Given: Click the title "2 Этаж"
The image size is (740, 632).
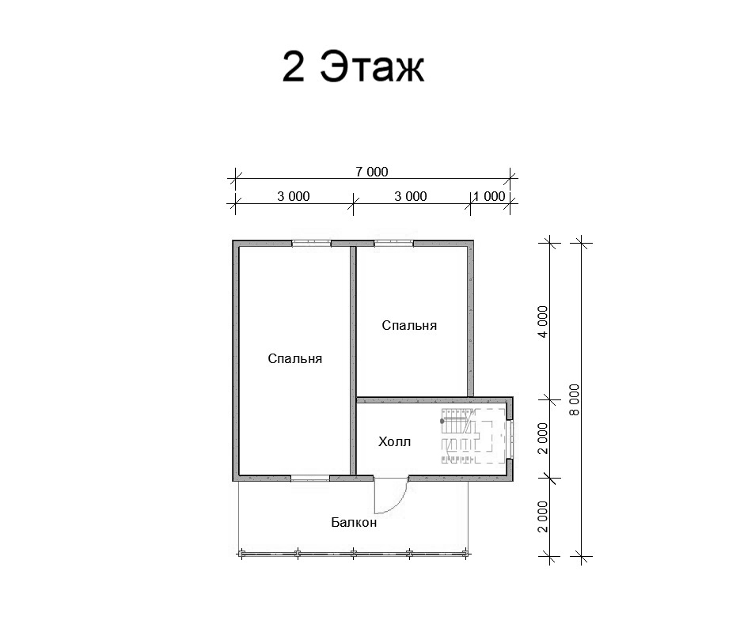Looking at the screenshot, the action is (353, 66).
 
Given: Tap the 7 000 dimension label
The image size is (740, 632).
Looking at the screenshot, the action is (372, 172).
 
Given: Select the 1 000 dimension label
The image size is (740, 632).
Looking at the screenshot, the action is (489, 196).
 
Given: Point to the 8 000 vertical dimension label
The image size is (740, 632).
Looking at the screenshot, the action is (575, 399).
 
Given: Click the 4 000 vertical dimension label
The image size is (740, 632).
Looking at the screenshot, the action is (543, 322).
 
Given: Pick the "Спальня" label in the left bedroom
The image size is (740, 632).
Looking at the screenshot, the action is (295, 359).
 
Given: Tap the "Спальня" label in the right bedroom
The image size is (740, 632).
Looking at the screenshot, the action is (409, 325).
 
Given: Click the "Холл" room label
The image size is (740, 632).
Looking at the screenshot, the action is (395, 442).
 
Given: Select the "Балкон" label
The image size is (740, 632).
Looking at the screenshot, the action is (354, 523).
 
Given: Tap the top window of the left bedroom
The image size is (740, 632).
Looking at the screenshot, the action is (310, 244).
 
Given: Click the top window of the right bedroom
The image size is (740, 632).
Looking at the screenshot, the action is (394, 244).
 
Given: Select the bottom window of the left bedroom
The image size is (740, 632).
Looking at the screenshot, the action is (310, 479).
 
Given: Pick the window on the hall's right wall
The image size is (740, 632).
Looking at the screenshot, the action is (510, 439).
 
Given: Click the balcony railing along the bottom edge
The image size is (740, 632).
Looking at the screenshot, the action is (354, 554).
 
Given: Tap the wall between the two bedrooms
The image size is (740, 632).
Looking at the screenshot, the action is (353, 361).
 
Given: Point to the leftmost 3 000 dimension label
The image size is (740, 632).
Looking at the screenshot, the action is (294, 196).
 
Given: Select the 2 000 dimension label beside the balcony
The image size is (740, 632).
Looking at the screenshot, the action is (543, 517).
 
